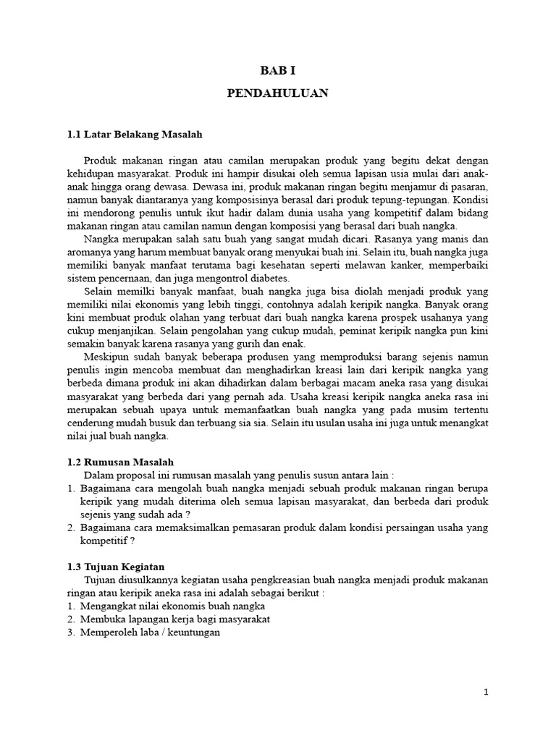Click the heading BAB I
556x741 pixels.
[x=278, y=70]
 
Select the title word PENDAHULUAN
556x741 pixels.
[x=278, y=93]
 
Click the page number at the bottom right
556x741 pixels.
[x=486, y=693]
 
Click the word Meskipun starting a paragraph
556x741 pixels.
[x=107, y=357]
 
